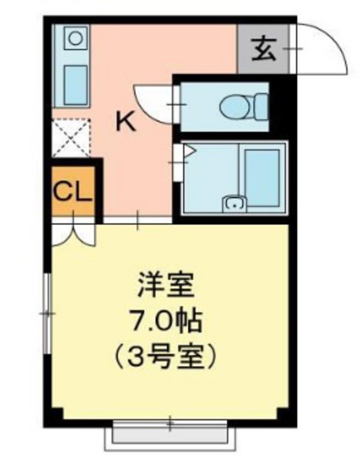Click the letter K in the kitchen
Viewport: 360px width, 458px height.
click(x=124, y=122)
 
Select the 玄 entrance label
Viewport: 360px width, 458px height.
click(x=263, y=50)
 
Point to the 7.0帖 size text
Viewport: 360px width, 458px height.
click(x=171, y=321)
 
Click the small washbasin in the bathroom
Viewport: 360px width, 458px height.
click(x=235, y=204)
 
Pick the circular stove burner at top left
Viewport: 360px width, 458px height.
click(x=75, y=38)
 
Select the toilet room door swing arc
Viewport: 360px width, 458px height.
click(x=155, y=101)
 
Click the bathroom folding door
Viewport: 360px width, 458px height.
click(x=181, y=163)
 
